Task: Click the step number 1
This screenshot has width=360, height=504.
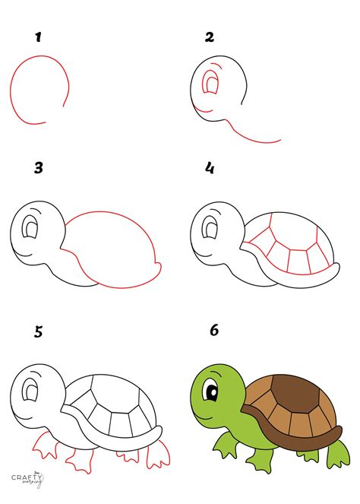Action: tap(36, 36)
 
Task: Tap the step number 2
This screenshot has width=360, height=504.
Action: tap(210, 36)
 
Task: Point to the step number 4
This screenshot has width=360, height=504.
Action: tap(210, 168)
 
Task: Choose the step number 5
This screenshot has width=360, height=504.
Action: tap(36, 332)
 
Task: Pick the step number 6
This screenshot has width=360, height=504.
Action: tap(213, 332)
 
